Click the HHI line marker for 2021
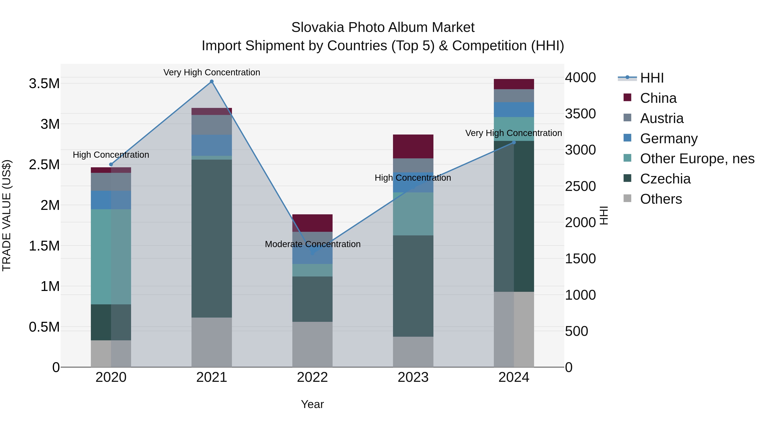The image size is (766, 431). click(x=212, y=82)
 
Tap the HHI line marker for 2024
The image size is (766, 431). click(x=514, y=142)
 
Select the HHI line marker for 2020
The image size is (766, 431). click(x=111, y=165)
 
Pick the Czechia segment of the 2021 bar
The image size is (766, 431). click(x=212, y=238)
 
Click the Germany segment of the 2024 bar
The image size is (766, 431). click(x=514, y=109)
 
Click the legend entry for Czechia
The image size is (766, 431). click(x=665, y=179)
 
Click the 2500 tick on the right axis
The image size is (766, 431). click(x=580, y=186)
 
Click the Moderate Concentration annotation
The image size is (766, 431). click(x=313, y=244)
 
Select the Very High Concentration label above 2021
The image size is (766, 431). click(x=212, y=72)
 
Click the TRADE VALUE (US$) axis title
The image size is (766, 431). click(x=7, y=215)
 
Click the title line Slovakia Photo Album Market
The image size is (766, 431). click(x=383, y=27)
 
